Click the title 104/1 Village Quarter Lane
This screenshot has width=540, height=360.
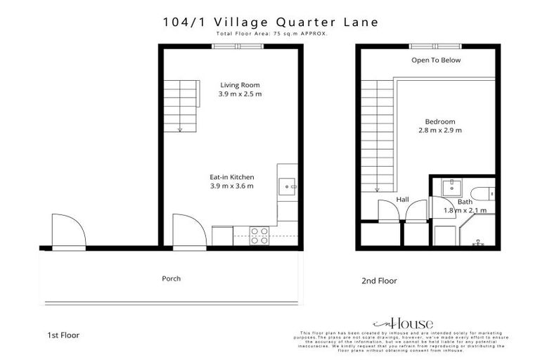(270, 22)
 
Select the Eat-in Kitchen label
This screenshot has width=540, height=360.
(231, 177)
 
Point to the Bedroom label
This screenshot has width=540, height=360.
(440, 121)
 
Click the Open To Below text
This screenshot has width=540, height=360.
(436, 60)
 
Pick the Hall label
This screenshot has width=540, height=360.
(403, 200)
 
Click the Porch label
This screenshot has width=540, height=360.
(171, 278)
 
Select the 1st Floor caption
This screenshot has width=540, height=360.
(63, 335)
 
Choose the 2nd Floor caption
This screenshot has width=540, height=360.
(379, 281)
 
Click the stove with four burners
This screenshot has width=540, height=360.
(259, 235)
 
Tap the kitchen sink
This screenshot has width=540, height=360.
(288, 187)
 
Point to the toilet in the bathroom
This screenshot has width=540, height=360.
(484, 193)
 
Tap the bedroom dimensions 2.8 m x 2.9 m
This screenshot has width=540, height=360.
(440, 130)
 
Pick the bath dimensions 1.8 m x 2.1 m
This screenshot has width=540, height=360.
(465, 210)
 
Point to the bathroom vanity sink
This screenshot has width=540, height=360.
(451, 187)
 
